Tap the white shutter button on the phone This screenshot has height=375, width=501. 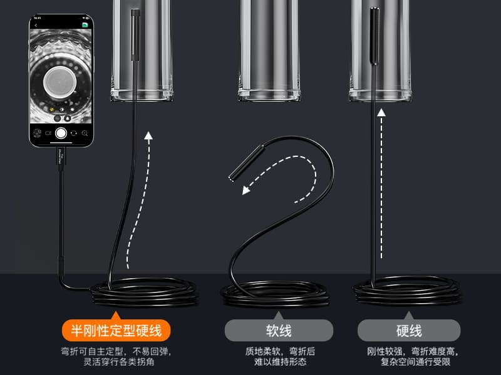[61, 133]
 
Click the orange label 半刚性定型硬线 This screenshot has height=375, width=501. [116, 331]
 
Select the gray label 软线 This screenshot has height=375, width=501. [279, 331]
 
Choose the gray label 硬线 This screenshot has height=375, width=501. [409, 331]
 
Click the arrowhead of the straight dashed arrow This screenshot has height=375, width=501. [381, 112]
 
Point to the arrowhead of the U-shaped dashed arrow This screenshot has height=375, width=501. [245, 191]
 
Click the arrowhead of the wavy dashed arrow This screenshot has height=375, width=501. [148, 136]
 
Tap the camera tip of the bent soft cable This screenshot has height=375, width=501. [247, 163]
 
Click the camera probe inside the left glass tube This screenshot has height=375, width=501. [135, 34]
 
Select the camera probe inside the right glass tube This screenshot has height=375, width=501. [374, 36]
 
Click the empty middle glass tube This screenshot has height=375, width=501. [269, 51]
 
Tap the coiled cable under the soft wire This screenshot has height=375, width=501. [276, 294]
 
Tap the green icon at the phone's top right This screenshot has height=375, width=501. [85, 25]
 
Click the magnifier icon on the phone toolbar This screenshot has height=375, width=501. [85, 133]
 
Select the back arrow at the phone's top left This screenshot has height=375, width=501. [36, 26]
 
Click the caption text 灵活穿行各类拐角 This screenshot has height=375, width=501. [119, 362]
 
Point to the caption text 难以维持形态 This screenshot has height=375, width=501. [280, 362]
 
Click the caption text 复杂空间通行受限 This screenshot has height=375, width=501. [415, 362]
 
